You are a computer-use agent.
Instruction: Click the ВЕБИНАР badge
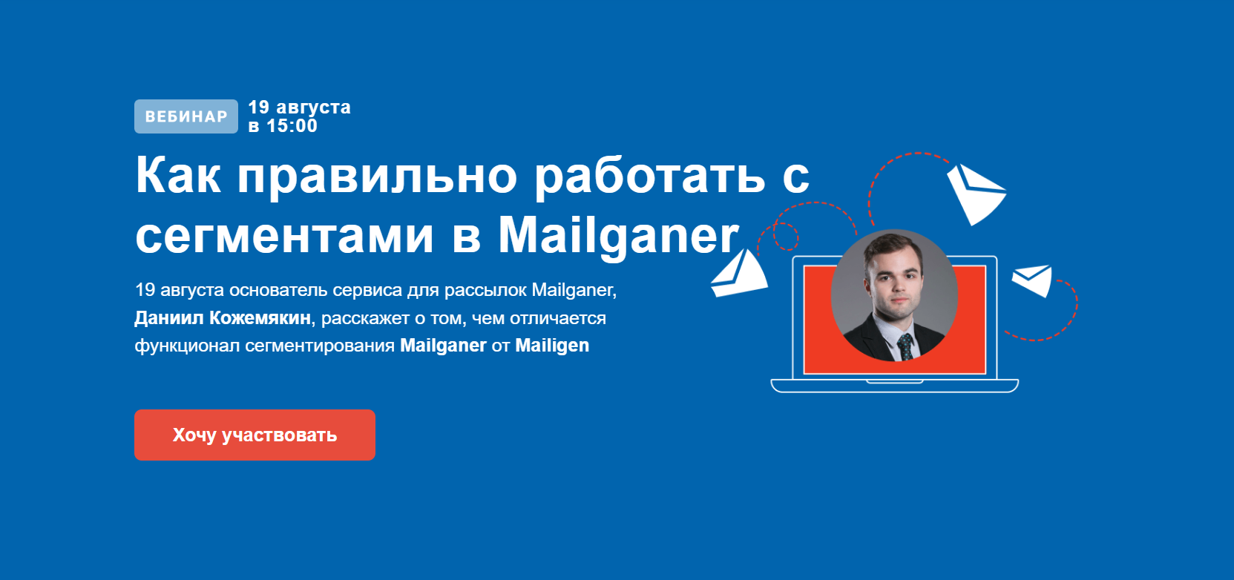(x=186, y=116)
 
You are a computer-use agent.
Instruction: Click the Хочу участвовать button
(x=255, y=435)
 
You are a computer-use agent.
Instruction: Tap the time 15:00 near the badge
(x=292, y=126)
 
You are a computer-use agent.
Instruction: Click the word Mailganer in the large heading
(x=618, y=236)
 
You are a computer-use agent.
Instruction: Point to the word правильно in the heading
(x=377, y=176)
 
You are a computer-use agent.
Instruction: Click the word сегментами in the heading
(x=284, y=236)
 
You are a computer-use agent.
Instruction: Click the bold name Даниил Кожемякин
(x=223, y=318)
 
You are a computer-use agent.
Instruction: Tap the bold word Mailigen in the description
(x=551, y=346)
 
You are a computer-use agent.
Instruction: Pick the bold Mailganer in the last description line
(x=443, y=346)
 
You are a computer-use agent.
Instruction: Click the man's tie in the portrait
(x=905, y=346)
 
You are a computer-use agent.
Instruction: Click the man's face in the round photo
(x=893, y=280)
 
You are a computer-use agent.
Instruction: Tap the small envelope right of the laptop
(x=1033, y=280)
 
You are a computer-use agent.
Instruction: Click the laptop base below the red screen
(x=894, y=385)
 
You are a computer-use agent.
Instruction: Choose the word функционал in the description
(x=187, y=346)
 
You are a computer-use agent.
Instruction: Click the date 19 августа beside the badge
(x=299, y=108)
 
